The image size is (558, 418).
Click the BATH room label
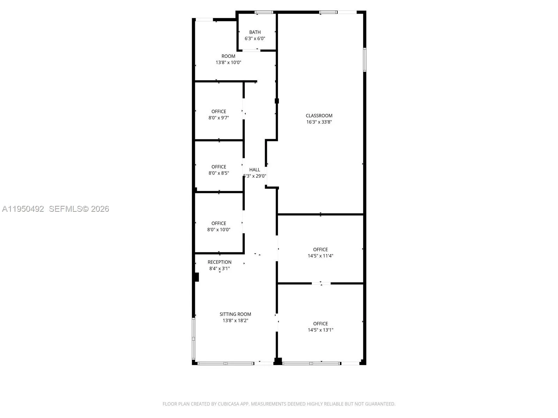coord(255,32)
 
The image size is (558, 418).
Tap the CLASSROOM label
coord(319,116)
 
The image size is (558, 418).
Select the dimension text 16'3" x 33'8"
coord(319,122)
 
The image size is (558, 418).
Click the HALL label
coord(255,170)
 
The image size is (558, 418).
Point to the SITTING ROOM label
coord(235,314)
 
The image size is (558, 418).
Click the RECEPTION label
coord(219,262)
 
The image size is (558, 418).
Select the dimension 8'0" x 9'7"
coord(219,118)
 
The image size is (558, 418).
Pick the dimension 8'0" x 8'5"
coord(219,173)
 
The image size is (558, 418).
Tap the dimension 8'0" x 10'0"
coord(219,230)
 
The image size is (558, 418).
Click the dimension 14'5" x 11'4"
coord(321,256)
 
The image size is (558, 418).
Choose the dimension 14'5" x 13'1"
coord(321,330)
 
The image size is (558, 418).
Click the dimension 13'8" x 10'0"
coord(228,63)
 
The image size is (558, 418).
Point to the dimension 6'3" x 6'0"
coord(255,39)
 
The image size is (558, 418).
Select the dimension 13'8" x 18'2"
coord(235,320)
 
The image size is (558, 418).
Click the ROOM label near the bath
coord(228,56)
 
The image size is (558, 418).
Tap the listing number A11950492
coord(23,209)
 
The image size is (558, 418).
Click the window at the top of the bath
coord(264,13)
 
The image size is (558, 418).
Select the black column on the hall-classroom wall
coord(277,101)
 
